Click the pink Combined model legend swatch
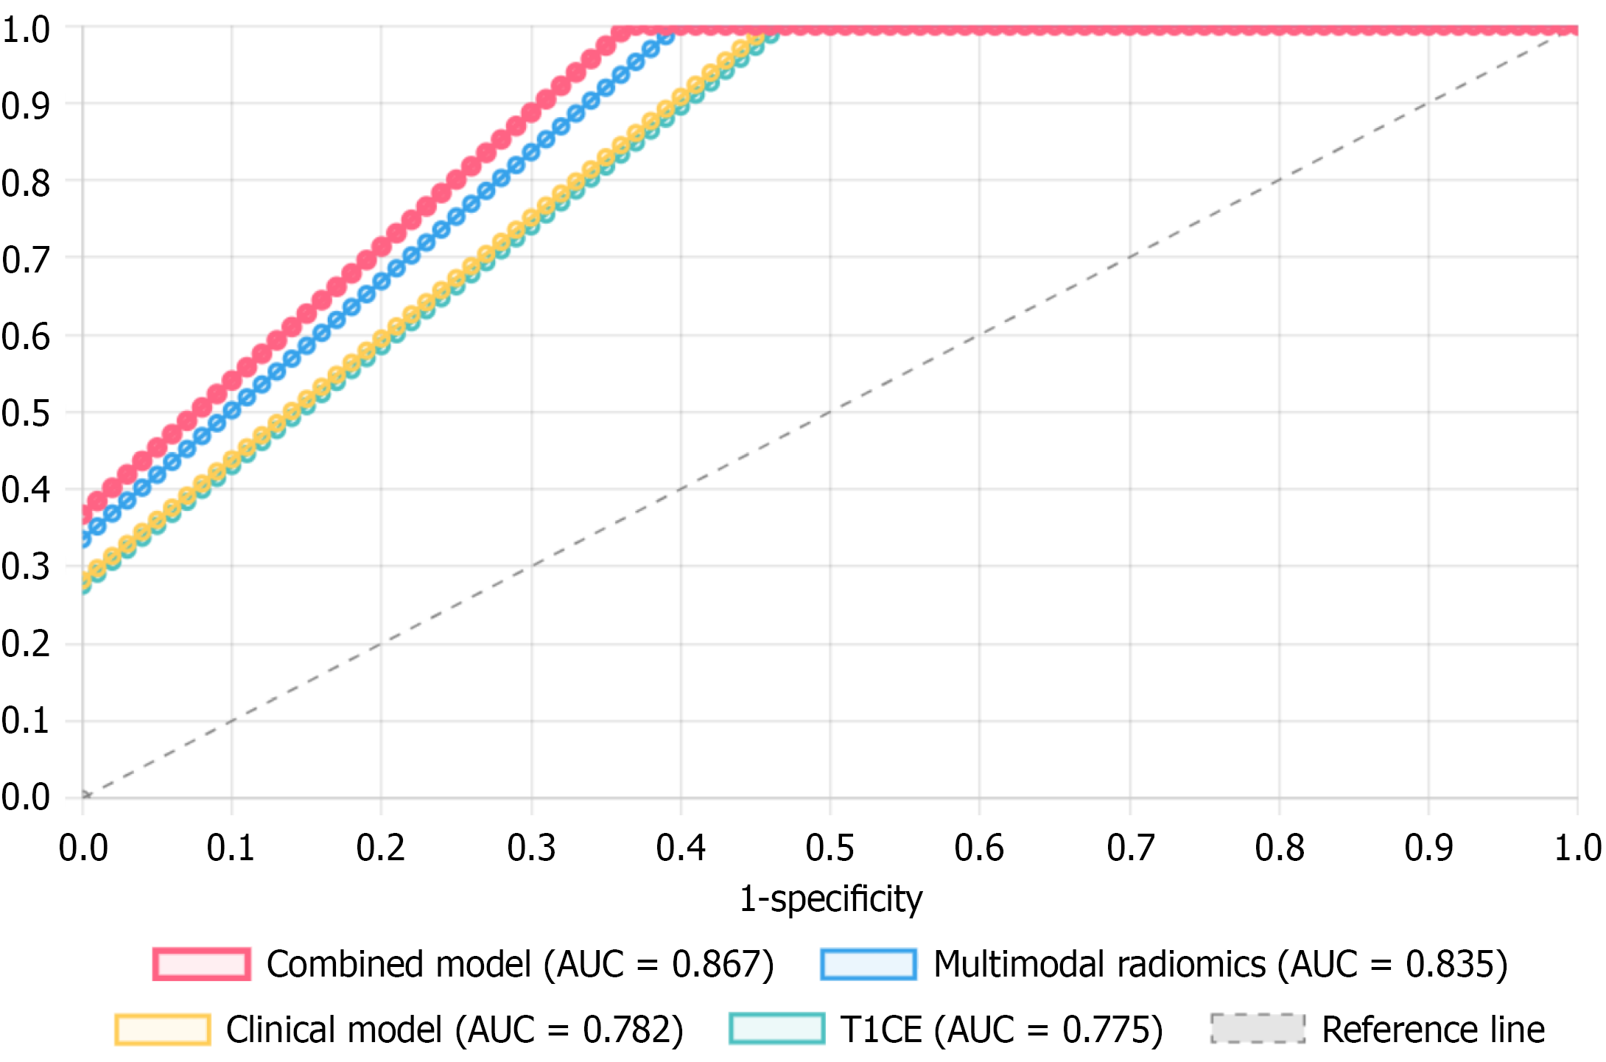201,964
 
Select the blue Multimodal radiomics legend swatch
869,964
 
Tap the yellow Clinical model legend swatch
162,1029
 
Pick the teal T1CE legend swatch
776,1029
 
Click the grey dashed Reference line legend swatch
1258,1029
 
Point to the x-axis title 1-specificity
830,899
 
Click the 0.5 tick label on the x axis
830,848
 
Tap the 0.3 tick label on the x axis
531,848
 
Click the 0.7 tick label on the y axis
26,260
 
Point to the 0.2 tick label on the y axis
26,644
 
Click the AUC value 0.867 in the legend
715,964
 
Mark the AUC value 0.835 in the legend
1449,964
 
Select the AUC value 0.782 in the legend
626,1029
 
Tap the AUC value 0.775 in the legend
1105,1029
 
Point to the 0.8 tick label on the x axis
1280,848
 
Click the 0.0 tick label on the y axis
26,797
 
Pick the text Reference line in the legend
1433,1029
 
